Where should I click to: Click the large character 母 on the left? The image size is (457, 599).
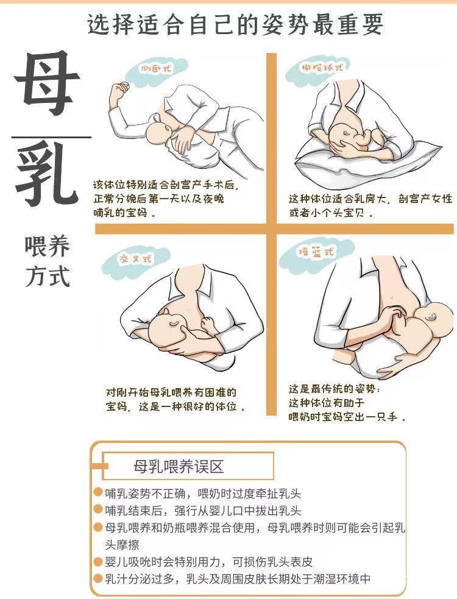[47, 83]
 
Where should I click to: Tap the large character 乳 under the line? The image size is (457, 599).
[48, 172]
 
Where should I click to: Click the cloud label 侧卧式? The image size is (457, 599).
[156, 69]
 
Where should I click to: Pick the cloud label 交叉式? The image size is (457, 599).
[136, 259]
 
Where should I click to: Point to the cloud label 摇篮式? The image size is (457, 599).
[316, 252]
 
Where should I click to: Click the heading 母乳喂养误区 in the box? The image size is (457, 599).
[179, 466]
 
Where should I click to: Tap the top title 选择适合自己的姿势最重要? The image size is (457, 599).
[235, 24]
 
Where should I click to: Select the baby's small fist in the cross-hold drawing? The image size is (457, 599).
[208, 324]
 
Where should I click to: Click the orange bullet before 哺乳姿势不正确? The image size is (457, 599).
[98, 492]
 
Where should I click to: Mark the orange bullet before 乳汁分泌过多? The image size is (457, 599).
[98, 578]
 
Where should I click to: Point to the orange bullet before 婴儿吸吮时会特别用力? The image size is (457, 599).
[98, 561]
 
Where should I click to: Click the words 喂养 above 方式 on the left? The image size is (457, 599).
[48, 246]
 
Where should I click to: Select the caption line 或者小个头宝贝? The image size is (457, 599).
[331, 213]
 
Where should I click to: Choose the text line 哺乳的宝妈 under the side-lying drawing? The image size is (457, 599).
[124, 213]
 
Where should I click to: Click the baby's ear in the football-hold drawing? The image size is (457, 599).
[346, 133]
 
